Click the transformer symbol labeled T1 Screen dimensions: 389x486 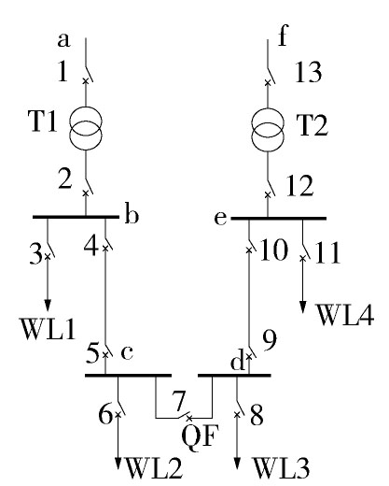[86, 128]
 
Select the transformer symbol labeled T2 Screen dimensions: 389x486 [268, 130]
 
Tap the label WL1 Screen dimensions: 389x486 [48, 329]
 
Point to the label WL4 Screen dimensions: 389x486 [345, 315]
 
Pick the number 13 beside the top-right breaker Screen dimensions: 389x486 [308, 72]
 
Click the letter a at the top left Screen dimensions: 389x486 [63, 40]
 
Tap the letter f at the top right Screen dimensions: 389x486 [283, 35]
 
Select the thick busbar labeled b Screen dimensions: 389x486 [76, 217]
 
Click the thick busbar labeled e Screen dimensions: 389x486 [279, 219]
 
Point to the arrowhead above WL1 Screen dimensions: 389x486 [48, 305]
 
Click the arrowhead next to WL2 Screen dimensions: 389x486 [118, 464]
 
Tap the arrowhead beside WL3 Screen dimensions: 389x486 [237, 464]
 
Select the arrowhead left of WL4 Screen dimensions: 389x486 [303, 307]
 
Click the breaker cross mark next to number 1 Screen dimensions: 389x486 [86, 81]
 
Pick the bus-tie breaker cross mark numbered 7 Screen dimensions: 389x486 [188, 418]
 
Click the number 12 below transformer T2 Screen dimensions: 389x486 [299, 186]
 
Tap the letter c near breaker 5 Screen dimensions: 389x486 [127, 353]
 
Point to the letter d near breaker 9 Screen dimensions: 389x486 [237, 362]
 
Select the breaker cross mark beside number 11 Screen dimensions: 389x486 [302, 258]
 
